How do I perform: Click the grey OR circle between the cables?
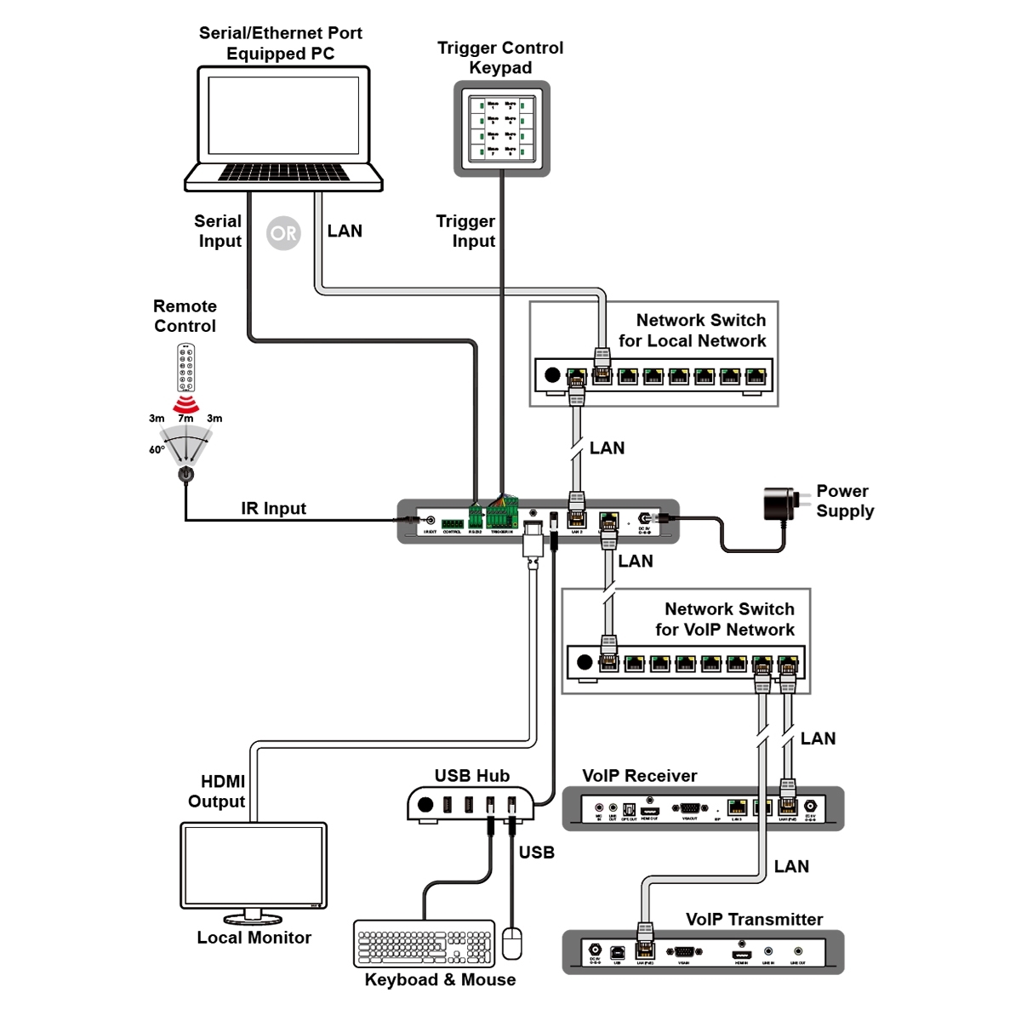coord(283,233)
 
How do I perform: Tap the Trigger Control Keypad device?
coord(501,128)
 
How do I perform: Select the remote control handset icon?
coord(185,368)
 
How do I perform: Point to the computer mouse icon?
coord(511,943)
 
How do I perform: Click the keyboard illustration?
coord(424,944)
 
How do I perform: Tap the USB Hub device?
coord(471,804)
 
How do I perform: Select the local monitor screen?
coord(253,864)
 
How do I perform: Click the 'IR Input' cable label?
coord(273,509)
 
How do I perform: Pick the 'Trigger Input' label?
coord(465,231)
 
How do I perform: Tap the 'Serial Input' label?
coord(219,231)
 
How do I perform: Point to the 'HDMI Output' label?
coord(217,791)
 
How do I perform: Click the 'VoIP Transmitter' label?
coord(754,920)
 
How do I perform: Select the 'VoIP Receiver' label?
coord(639,776)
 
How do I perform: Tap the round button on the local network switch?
coord(552,375)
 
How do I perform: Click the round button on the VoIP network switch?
coord(584,662)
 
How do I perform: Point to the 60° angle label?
coord(157,450)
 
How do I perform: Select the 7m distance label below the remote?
coord(185,419)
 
